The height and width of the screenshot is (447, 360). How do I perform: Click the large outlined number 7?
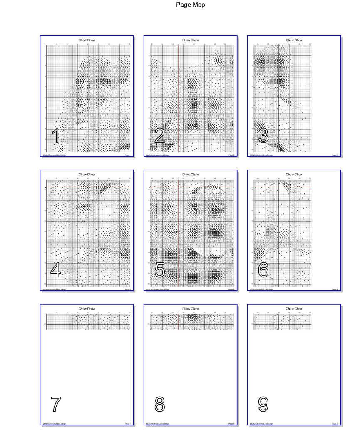pyautogui.click(x=55, y=404)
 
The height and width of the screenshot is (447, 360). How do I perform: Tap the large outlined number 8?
pyautogui.click(x=159, y=404)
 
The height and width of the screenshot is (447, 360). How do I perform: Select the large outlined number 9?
pyautogui.click(x=263, y=404)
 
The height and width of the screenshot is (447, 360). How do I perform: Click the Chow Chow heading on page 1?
pyautogui.click(x=87, y=40)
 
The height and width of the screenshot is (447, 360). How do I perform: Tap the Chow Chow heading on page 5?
pyautogui.click(x=190, y=175)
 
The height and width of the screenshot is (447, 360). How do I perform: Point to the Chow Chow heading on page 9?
pyautogui.click(x=294, y=309)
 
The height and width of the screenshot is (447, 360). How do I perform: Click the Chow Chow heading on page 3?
pyautogui.click(x=294, y=40)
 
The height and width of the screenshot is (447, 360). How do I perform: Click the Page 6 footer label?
pyautogui.click(x=335, y=289)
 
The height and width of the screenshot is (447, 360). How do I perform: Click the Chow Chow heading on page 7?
pyautogui.click(x=87, y=309)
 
